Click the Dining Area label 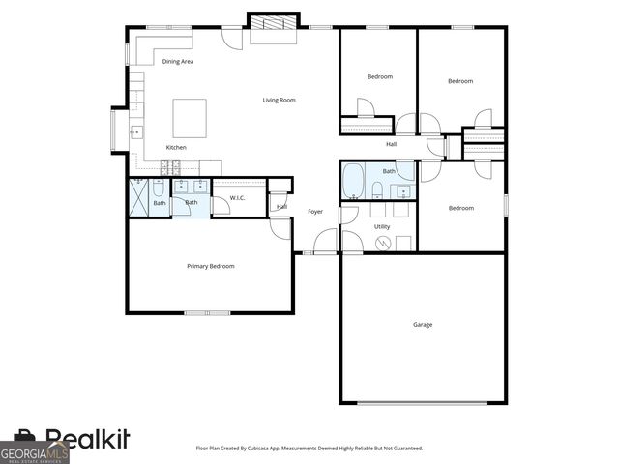(x=178, y=61)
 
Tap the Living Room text (x=280, y=100)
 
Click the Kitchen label (x=176, y=147)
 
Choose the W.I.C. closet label (x=237, y=199)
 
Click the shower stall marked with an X (x=139, y=197)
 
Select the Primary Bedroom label (x=211, y=266)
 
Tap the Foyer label (x=315, y=211)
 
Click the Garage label (x=423, y=324)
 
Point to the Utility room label (x=382, y=226)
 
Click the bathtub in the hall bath (x=353, y=180)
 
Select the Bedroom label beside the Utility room (x=460, y=207)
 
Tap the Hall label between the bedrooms (x=391, y=144)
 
